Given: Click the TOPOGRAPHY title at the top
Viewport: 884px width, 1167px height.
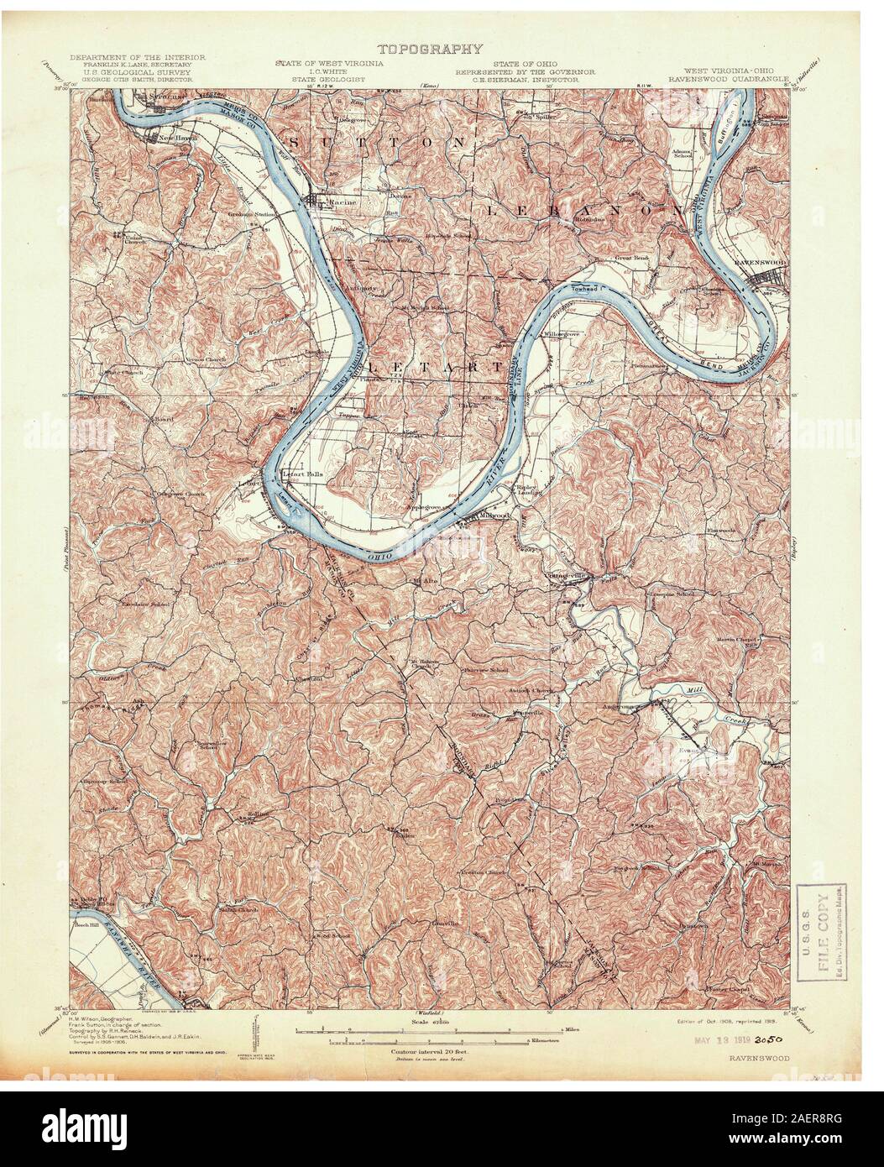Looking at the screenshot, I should (x=428, y=50).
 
